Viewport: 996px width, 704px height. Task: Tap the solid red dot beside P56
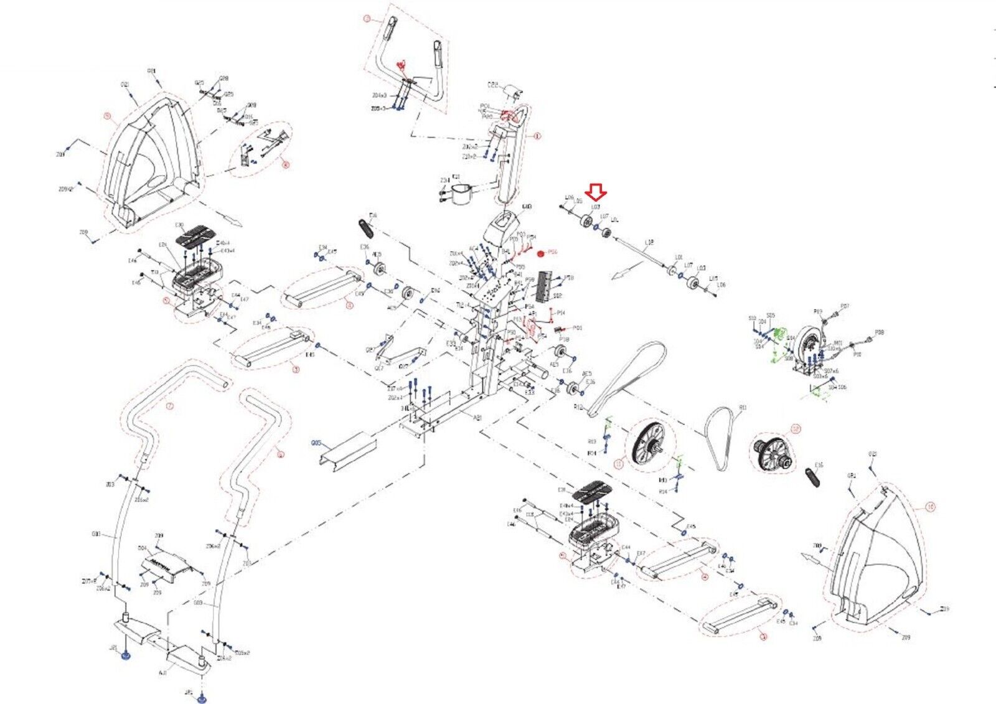(540, 252)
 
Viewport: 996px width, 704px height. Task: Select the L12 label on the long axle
(649, 242)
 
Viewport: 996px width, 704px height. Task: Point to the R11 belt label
(743, 408)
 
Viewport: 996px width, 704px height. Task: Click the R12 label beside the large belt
(578, 407)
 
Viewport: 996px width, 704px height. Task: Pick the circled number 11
(618, 464)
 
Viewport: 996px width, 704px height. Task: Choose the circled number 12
(795, 429)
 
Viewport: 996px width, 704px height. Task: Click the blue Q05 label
(316, 443)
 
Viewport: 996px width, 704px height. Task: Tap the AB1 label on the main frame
(477, 418)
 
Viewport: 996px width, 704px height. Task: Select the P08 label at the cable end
(880, 332)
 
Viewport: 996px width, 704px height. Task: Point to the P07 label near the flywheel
(845, 306)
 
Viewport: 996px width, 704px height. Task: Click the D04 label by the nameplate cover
(142, 548)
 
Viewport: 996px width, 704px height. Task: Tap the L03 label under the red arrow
(595, 207)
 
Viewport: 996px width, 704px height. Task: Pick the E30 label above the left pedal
(179, 225)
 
